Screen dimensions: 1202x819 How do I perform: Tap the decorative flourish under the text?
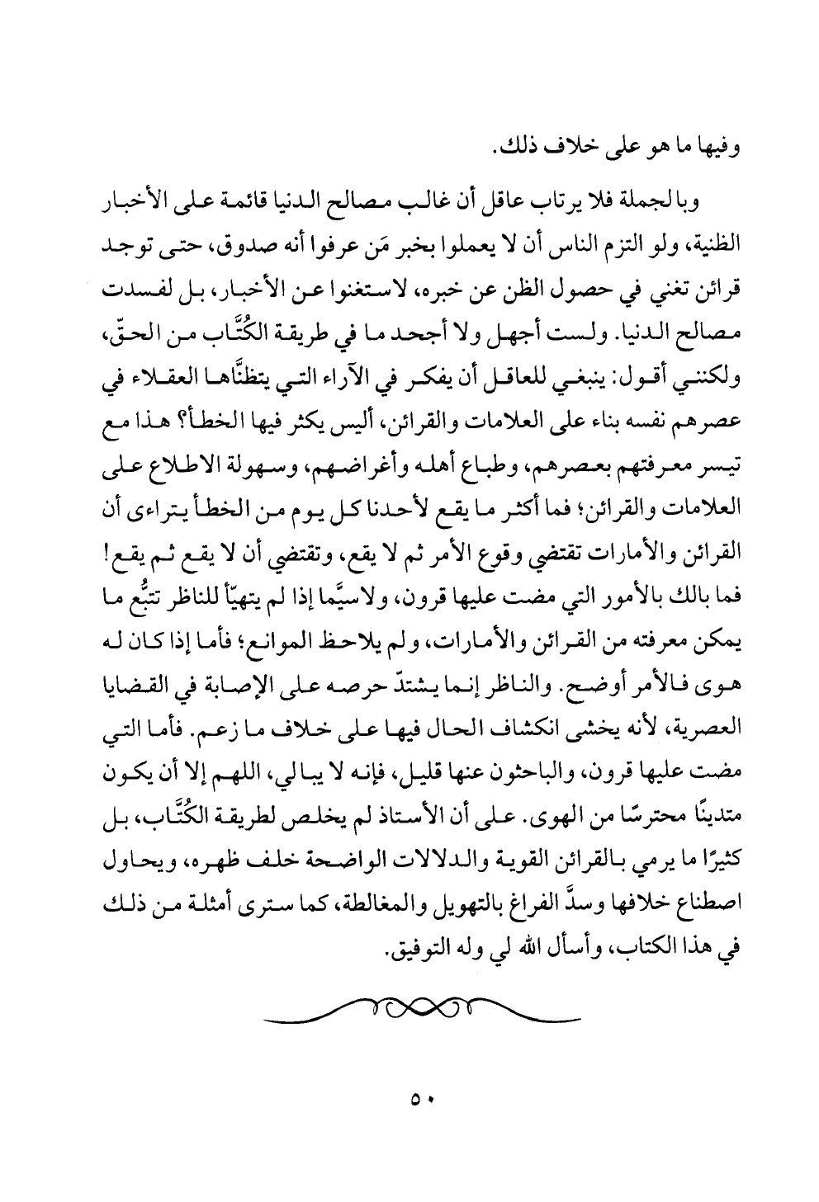click(x=422, y=1014)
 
